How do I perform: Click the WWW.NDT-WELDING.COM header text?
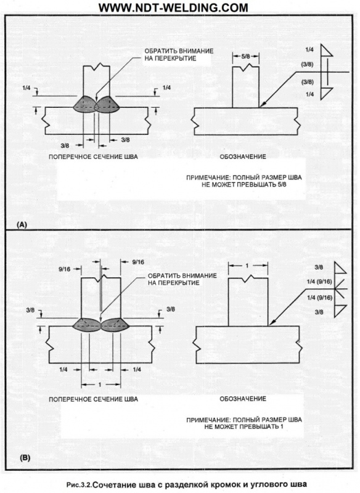tap(173, 7)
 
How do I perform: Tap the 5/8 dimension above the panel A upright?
tap(245, 57)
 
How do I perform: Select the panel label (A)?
tap(22, 224)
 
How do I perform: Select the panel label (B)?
tap(25, 458)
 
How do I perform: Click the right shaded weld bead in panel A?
tap(107, 104)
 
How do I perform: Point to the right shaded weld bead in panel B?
tap(115, 325)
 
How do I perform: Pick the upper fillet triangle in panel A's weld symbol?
tap(326, 51)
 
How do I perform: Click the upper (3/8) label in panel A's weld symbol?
tap(307, 65)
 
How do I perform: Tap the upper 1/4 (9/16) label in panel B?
tap(319, 282)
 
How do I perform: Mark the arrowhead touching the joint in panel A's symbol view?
tap(263, 105)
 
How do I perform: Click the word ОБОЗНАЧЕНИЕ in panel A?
tap(243, 157)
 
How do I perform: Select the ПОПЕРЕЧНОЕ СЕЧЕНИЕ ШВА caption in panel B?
tap(93, 399)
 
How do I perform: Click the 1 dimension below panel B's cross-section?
tap(100, 385)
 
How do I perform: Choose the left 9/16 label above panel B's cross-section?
tap(65, 269)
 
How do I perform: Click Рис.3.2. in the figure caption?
tap(80, 484)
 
